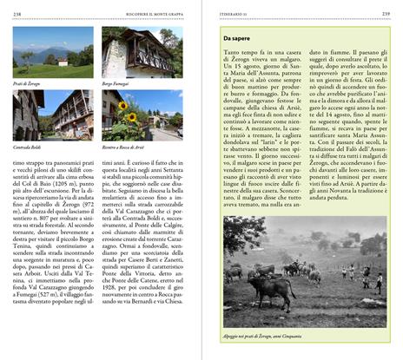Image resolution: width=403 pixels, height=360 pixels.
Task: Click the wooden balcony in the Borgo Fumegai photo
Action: [142, 57]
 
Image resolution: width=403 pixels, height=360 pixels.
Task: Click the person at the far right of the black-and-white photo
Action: [379, 283]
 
